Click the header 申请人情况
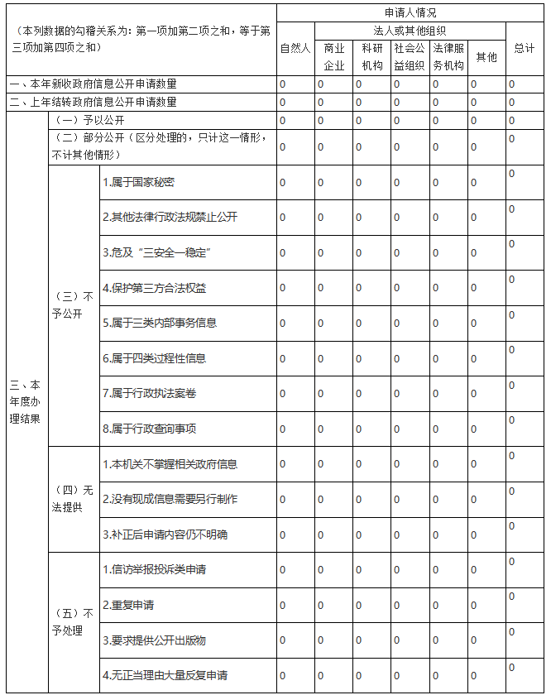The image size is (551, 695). (x=410, y=13)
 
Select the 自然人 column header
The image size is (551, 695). (x=295, y=48)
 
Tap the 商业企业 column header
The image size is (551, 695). (x=333, y=56)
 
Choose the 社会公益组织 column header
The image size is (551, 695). (x=410, y=56)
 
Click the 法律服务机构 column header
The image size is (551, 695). (x=448, y=56)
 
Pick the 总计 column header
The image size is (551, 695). (x=524, y=48)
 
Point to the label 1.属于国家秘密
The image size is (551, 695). (x=138, y=182)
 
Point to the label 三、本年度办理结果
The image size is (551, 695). (x=26, y=402)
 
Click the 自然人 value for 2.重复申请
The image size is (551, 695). (x=283, y=605)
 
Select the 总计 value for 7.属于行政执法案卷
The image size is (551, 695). (x=512, y=386)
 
